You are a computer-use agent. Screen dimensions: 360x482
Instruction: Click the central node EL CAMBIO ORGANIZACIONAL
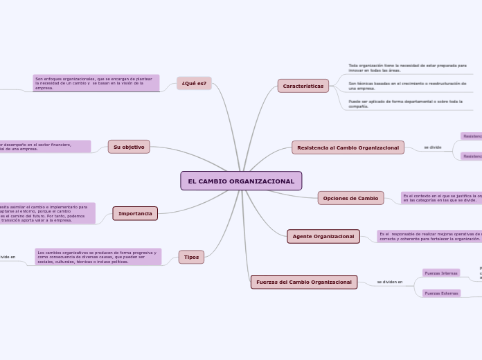241,181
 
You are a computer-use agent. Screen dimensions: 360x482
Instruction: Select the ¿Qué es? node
194,83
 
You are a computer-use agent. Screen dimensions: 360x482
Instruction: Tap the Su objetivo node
129,147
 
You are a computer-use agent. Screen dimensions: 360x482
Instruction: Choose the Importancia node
135,213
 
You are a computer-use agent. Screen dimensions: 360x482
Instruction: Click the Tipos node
191,257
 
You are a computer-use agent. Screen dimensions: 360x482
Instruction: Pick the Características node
303,86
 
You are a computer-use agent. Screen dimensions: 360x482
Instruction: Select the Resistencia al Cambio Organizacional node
348,147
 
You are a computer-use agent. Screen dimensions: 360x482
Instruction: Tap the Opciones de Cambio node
350,198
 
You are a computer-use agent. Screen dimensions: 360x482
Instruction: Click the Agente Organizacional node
323,236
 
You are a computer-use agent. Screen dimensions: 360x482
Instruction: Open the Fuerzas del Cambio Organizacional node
304,282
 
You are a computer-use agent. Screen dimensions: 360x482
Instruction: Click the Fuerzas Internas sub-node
441,273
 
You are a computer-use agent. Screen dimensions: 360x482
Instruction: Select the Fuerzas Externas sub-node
441,294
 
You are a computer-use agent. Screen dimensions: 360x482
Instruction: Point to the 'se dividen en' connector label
390,282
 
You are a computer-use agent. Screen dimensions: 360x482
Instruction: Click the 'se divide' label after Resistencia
432,147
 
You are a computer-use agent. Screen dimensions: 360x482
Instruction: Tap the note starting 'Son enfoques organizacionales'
96,83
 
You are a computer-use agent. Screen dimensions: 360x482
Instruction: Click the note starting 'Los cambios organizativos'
98,257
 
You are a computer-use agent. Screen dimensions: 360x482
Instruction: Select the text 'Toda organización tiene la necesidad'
407,67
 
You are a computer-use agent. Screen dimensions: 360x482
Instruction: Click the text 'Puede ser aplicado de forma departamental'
405,104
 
